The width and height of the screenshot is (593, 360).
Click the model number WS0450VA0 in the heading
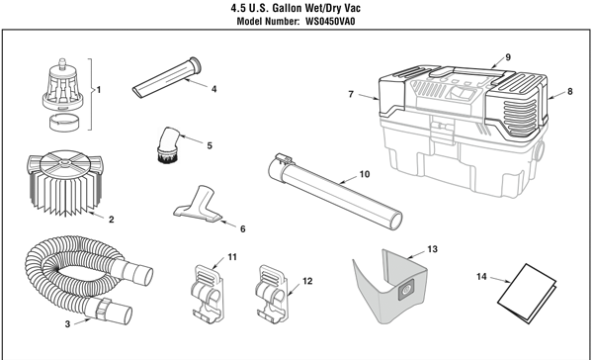330,21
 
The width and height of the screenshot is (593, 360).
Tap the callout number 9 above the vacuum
508,57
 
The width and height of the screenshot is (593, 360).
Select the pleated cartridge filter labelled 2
65,183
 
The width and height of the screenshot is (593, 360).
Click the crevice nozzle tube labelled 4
166,77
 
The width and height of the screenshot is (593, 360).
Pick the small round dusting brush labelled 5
168,145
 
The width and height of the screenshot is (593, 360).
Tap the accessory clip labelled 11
208,294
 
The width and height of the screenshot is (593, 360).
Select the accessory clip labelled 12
272,294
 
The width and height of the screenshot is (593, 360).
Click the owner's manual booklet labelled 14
527,294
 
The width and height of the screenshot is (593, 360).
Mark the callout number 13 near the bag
432,249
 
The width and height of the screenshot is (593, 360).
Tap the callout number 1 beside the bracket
99,90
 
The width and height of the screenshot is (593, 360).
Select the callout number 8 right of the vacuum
570,91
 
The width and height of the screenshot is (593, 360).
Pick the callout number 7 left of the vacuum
351,94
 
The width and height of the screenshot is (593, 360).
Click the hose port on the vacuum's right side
539,150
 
